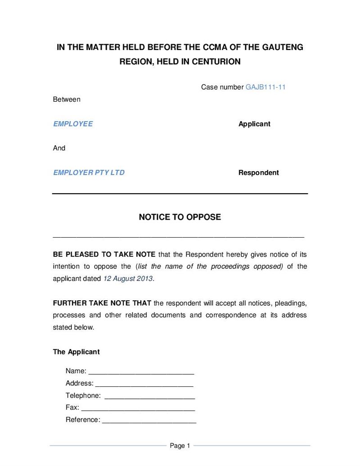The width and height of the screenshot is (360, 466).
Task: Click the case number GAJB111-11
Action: pyautogui.click(x=265, y=87)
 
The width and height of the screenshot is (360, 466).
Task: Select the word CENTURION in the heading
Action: pyautogui.click(x=216, y=62)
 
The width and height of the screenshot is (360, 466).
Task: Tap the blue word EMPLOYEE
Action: pyautogui.click(x=73, y=124)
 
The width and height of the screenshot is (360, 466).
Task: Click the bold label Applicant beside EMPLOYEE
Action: pyautogui.click(x=254, y=124)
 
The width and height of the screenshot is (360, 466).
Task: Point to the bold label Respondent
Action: pyautogui.click(x=258, y=172)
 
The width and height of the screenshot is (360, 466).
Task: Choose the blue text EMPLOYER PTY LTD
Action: pyautogui.click(x=89, y=172)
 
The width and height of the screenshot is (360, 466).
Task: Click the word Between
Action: pyautogui.click(x=67, y=100)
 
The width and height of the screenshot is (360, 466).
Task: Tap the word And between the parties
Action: pyautogui.click(x=59, y=148)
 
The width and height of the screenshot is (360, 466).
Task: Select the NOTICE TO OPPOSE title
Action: pyautogui.click(x=180, y=217)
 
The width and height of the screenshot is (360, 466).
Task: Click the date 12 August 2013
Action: pyautogui.click(x=128, y=278)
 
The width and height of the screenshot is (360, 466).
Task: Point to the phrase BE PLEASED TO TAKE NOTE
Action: pyautogui.click(x=104, y=254)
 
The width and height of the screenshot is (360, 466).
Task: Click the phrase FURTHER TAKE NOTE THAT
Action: pyautogui.click(x=102, y=303)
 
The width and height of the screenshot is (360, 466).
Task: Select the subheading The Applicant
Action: pyautogui.click(x=76, y=352)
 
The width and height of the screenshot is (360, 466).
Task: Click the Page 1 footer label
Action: pyautogui.click(x=180, y=446)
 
